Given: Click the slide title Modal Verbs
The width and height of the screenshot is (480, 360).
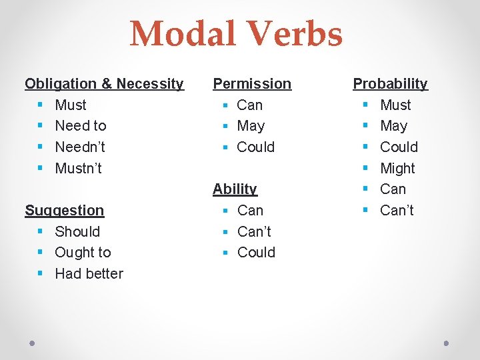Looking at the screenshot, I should tap(236, 35).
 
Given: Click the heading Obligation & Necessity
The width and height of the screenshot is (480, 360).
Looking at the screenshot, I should tap(104, 84).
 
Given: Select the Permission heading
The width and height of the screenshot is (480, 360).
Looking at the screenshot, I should tap(252, 84).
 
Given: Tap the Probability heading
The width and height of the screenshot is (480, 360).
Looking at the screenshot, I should tap(390, 84).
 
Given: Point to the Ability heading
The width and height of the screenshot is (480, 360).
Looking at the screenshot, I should tap(235, 189).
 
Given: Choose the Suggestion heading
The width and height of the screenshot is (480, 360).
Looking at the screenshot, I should tap(65, 211).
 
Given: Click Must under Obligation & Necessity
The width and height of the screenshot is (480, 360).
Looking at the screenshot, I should tap(71, 105).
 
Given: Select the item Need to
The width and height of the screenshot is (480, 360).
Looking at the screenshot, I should tap(81, 126).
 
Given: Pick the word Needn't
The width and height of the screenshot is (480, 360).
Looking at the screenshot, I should tap(80, 147).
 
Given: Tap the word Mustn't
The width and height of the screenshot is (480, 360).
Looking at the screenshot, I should tap(78, 169).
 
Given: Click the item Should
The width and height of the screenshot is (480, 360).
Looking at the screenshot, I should tap(77, 232).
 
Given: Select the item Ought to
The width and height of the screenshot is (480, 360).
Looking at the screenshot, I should tap(83, 253).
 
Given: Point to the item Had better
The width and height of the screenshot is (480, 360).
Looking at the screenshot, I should tap(89, 274).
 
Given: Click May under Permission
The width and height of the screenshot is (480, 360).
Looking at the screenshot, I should tap(251, 126).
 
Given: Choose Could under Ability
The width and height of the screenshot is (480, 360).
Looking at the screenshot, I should tap(256, 253).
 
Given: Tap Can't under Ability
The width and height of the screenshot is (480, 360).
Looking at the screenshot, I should tap(254, 232).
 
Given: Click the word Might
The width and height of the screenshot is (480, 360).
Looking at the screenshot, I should tap(397, 169).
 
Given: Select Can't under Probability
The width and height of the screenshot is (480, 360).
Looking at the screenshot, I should tap(397, 211).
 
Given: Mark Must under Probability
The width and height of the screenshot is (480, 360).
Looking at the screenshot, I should tap(395, 105).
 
